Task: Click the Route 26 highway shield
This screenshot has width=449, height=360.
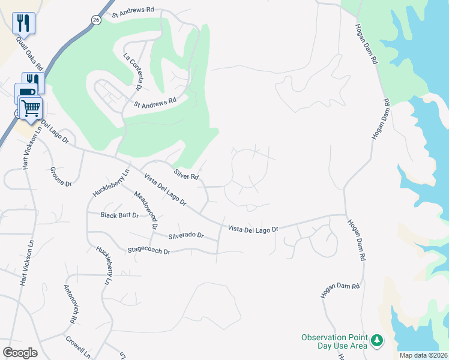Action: [96, 20]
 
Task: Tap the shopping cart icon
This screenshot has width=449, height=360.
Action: [31, 108]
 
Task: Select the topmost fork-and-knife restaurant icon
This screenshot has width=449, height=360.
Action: [23, 23]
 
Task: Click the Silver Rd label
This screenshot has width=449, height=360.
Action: [186, 175]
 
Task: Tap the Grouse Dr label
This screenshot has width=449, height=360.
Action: [61, 176]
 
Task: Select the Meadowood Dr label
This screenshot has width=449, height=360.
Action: [146, 211]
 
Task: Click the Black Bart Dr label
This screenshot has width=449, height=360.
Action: [120, 215]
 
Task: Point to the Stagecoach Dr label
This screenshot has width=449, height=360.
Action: [149, 250]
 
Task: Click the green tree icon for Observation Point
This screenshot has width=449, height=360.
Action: [377, 341]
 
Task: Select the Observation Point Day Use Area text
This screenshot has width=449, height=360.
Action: [334, 341]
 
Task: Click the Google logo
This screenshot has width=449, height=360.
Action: [20, 352]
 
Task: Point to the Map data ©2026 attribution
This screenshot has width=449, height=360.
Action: [424, 355]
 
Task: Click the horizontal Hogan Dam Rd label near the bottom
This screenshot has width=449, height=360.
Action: [340, 289]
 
